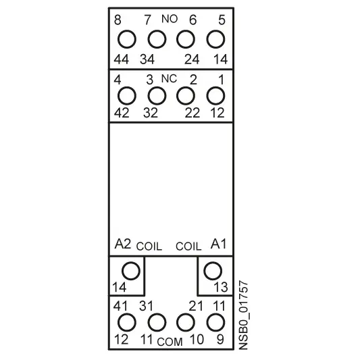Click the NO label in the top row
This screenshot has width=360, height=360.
[x=170, y=19]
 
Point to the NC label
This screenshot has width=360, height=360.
[x=170, y=79]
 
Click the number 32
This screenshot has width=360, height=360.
[x=151, y=113]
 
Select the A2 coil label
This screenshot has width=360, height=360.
[x=123, y=244]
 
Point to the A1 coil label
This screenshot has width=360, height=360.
[x=218, y=244]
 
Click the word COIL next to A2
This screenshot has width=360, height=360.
[x=149, y=247]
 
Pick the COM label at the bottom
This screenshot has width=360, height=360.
[x=170, y=342]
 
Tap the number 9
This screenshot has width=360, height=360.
[x=220, y=339]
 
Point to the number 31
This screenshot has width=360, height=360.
[x=147, y=306]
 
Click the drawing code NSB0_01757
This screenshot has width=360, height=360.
[x=244, y=315]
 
